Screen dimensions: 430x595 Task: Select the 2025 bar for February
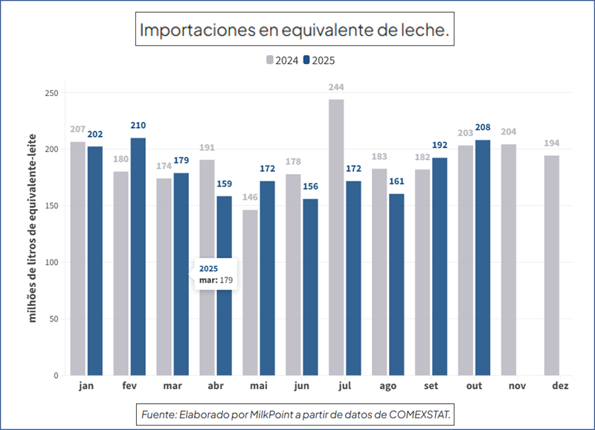(138, 256)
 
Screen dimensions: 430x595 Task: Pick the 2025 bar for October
(483, 257)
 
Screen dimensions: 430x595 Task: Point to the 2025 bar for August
(396, 284)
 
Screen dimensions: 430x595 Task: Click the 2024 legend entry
(283, 61)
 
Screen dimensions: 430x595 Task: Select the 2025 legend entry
(320, 61)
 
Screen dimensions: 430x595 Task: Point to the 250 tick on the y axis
(51, 93)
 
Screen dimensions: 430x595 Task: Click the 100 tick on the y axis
(51, 263)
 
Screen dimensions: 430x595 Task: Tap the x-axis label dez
(561, 386)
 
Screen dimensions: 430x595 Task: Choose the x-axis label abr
(216, 386)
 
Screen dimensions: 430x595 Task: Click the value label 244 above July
(336, 87)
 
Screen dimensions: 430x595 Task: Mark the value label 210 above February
(138, 125)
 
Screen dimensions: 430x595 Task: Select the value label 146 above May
(250, 197)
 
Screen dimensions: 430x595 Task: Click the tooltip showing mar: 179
(215, 274)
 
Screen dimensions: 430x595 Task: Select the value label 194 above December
(551, 143)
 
